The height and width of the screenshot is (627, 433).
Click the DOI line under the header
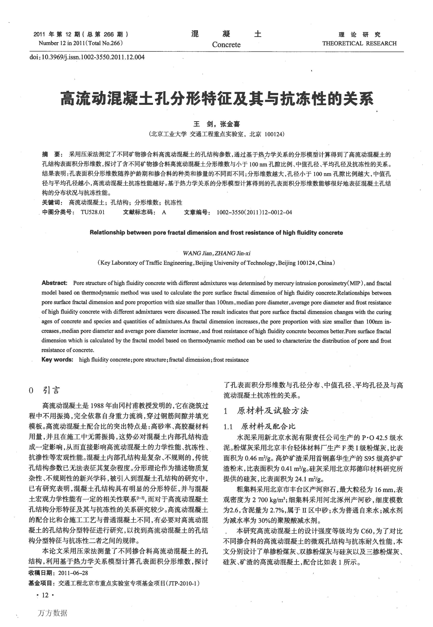(x=87, y=57)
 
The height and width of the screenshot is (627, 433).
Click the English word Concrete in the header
(x=226, y=45)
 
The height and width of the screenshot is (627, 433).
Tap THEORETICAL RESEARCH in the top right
(x=359, y=43)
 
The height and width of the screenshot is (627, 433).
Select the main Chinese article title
(x=217, y=99)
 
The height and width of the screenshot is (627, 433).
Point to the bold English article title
(x=216, y=232)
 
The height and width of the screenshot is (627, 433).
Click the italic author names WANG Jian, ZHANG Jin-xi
(x=216, y=253)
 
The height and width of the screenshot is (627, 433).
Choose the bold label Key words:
(x=57, y=360)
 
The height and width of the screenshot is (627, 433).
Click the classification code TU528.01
(x=93, y=212)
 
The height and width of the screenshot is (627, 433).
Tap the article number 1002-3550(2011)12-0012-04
(x=254, y=212)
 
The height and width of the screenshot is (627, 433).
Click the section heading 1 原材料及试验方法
(x=266, y=411)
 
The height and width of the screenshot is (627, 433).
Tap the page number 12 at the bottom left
(x=45, y=595)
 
